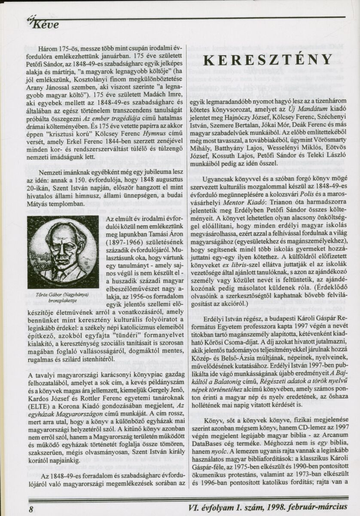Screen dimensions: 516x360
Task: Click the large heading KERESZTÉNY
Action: [267, 59]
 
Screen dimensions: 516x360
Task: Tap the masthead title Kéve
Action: [43, 25]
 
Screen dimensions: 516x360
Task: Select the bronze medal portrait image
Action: [63, 252]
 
